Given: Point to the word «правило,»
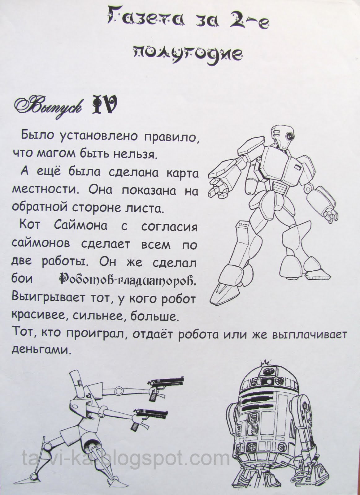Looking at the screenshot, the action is tap(171, 137).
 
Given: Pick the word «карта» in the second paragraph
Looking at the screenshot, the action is tap(182, 173).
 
